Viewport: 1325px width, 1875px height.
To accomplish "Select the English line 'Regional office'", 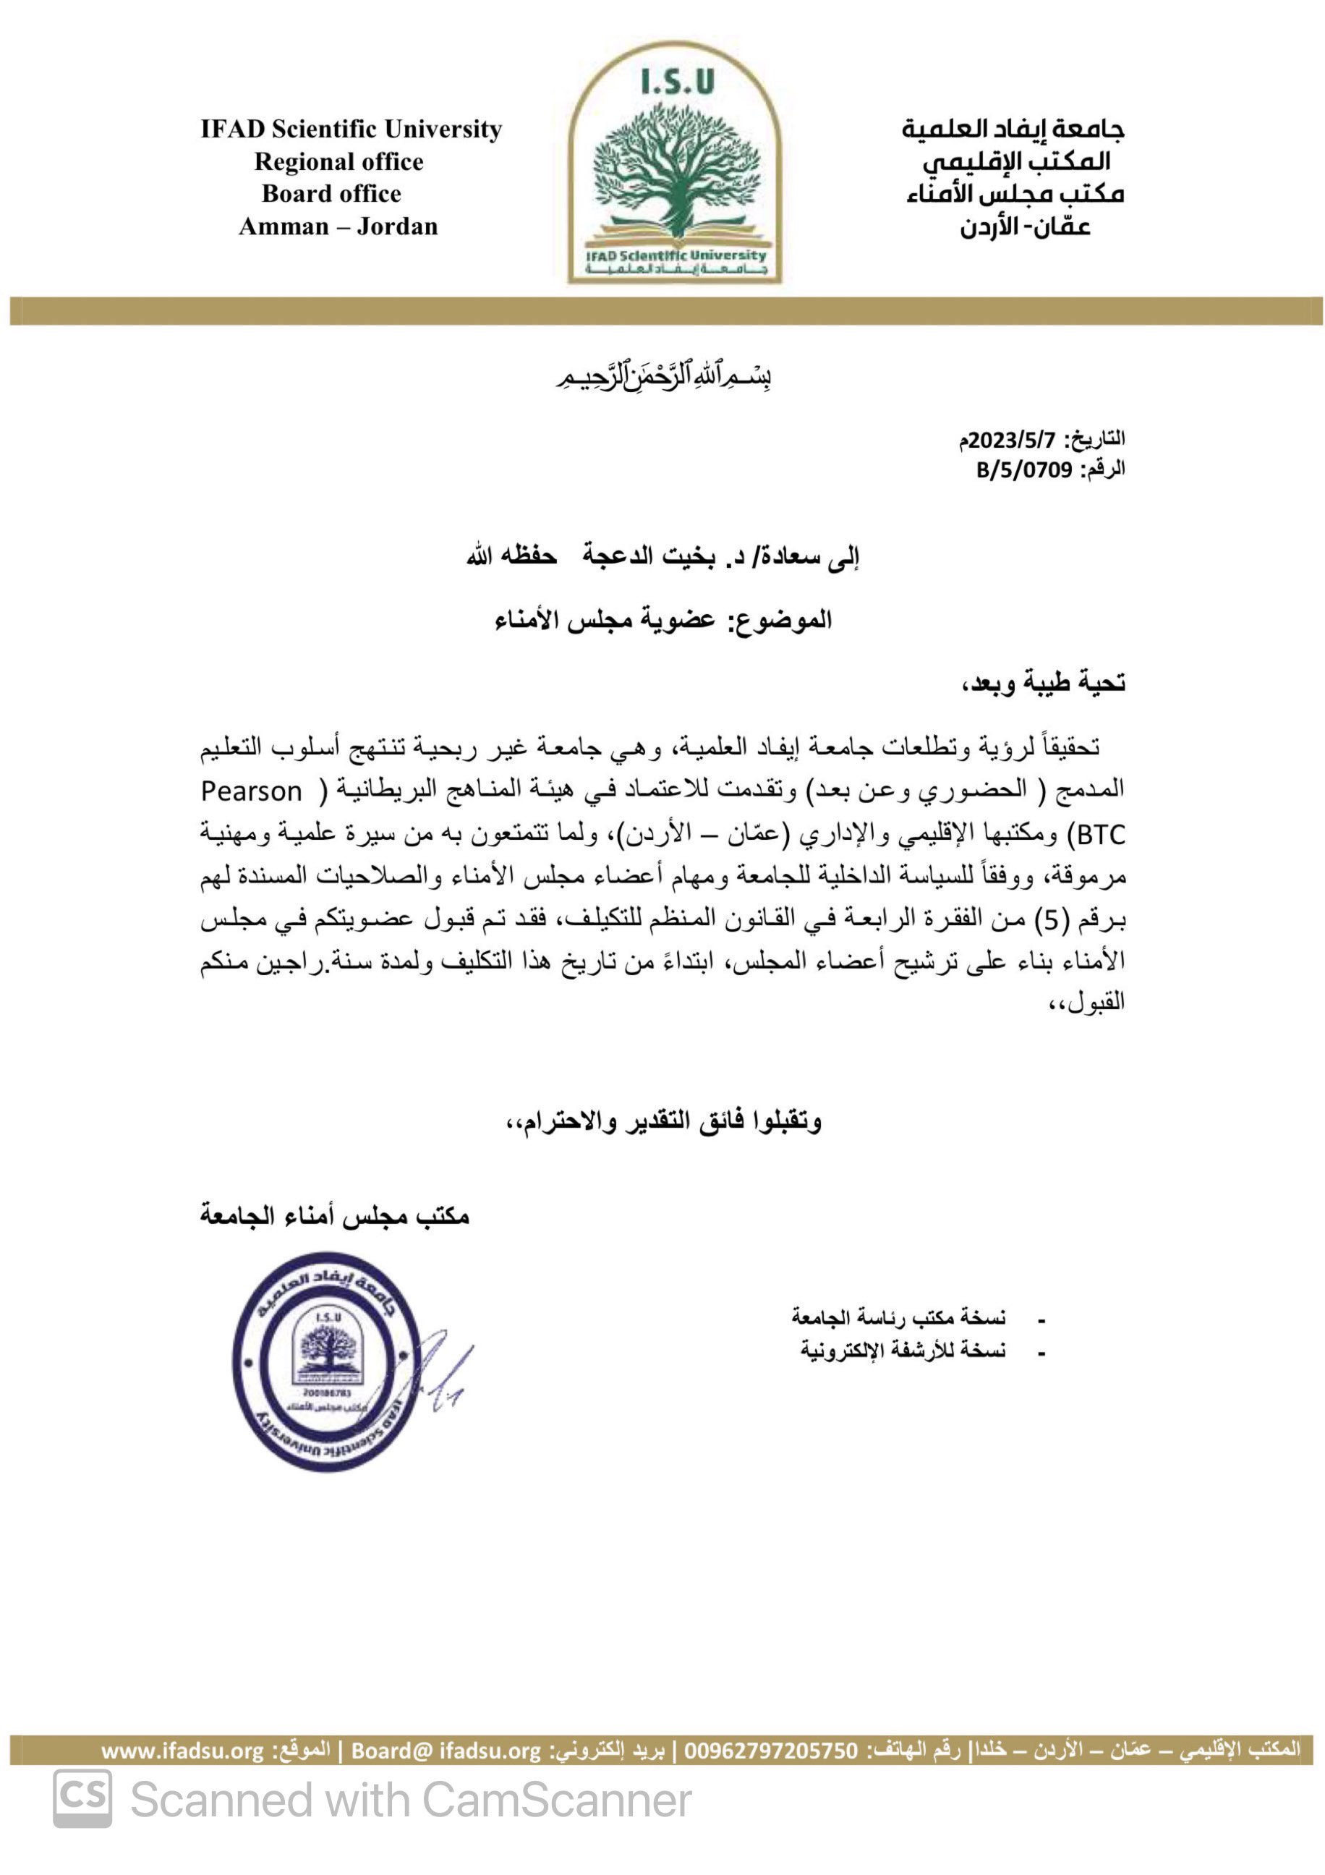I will click(x=338, y=162).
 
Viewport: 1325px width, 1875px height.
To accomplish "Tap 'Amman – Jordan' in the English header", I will click(x=338, y=226).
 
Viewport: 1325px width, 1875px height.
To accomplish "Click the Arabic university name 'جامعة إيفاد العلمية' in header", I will click(x=1013, y=129).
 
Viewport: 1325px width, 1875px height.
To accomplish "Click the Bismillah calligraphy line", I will click(x=663, y=378).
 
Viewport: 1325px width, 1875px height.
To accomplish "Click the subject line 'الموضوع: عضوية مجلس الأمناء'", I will click(x=663, y=620).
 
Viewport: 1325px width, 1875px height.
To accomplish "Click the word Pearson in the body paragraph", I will click(x=252, y=791).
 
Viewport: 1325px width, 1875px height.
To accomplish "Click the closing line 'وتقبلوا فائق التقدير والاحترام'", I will click(x=663, y=1121).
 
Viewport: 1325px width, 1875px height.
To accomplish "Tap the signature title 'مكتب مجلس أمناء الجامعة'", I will click(x=335, y=1216).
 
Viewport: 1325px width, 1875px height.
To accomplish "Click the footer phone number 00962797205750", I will click(x=772, y=1751).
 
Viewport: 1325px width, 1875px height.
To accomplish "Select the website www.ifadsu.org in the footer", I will click(x=183, y=1751).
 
